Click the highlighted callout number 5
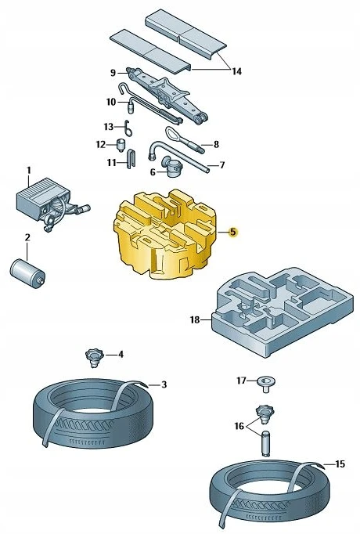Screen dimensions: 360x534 [x=232, y=233]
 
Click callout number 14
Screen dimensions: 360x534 [x=237, y=71]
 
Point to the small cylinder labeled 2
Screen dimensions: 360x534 [x=27, y=273]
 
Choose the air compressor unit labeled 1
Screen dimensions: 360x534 [x=51, y=204]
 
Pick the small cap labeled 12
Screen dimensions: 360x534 [x=121, y=145]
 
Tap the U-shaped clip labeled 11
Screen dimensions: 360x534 [x=131, y=159]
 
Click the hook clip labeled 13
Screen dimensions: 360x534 [x=128, y=128]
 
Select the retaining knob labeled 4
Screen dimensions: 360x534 [x=92, y=358]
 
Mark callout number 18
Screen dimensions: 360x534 [x=195, y=319]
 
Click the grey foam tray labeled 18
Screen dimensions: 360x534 [x=282, y=312]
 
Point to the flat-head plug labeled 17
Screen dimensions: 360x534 [x=266, y=384]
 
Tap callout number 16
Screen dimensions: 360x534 [x=239, y=426]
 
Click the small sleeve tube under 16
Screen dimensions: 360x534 [x=266, y=443]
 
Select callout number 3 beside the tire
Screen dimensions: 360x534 [x=164, y=384]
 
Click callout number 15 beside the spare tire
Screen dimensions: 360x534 [x=340, y=464]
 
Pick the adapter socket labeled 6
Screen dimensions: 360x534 [x=172, y=167]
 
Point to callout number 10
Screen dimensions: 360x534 [x=111, y=102]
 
